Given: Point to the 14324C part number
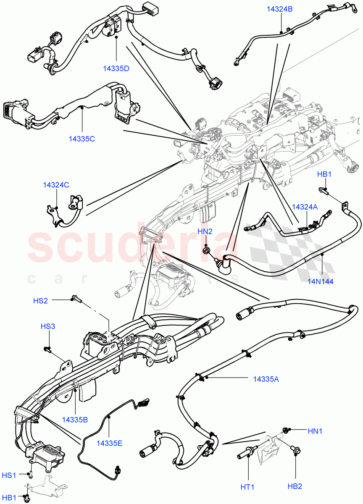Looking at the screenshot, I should click(x=56, y=184).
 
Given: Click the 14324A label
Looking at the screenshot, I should click(x=305, y=207).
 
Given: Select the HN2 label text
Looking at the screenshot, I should click(x=205, y=231).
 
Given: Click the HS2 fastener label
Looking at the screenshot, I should click(x=40, y=300).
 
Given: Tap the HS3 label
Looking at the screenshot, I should click(x=48, y=326).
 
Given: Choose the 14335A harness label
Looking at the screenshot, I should click(x=266, y=379).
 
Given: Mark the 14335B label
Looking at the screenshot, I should click(x=75, y=419).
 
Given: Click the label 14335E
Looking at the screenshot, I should click(x=109, y=443).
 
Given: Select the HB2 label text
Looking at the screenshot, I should click(x=295, y=486).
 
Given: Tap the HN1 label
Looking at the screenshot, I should click(x=315, y=430).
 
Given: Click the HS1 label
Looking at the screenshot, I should click(x=9, y=475).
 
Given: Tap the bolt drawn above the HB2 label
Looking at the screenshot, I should click(x=295, y=451).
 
